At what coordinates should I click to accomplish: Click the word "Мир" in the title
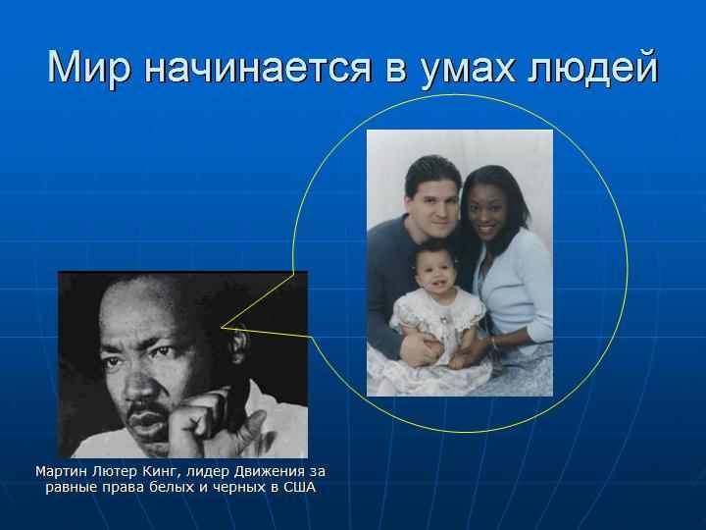(89, 68)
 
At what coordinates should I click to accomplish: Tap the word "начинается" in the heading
(258, 68)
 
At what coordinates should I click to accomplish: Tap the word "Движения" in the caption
(270, 472)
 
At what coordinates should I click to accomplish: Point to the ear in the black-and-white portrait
(237, 343)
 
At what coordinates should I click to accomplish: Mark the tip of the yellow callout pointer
(221, 328)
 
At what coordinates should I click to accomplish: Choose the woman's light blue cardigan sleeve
(538, 289)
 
